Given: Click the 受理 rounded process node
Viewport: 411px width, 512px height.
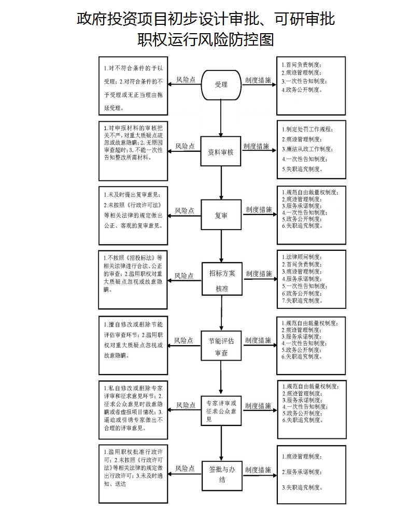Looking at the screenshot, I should coord(221,84).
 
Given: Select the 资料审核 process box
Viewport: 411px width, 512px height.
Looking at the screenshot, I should coord(221,152).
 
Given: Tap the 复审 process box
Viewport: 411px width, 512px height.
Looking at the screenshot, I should coord(221,215).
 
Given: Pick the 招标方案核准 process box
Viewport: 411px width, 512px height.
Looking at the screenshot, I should coord(222,280).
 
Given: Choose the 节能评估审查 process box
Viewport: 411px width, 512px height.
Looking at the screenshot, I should coord(221,347).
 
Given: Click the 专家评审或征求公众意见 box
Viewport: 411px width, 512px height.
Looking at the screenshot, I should coord(221,410).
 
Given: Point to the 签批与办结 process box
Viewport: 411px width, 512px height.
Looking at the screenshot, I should coord(221,474).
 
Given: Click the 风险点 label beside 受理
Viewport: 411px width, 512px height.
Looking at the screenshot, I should coord(186,80).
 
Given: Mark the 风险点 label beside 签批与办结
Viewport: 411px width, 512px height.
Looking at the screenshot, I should coord(185,468).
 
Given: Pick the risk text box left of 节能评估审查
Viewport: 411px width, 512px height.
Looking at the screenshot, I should coord(134,345).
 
